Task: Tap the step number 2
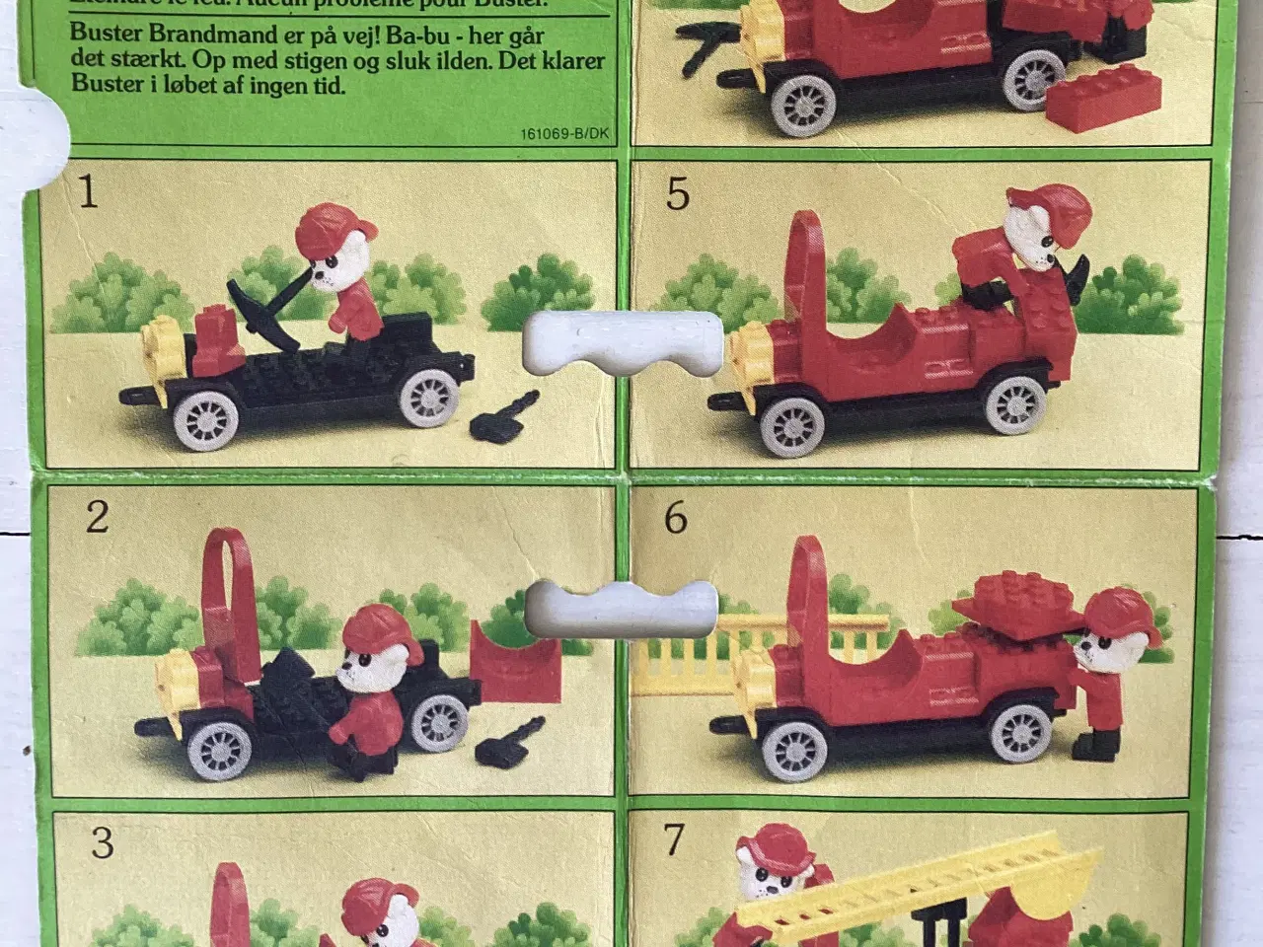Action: pos(96,517)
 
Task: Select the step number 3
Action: pos(102,844)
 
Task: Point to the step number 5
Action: pos(677,193)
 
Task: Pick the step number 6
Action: pos(675,517)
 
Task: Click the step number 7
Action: pos(674,840)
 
